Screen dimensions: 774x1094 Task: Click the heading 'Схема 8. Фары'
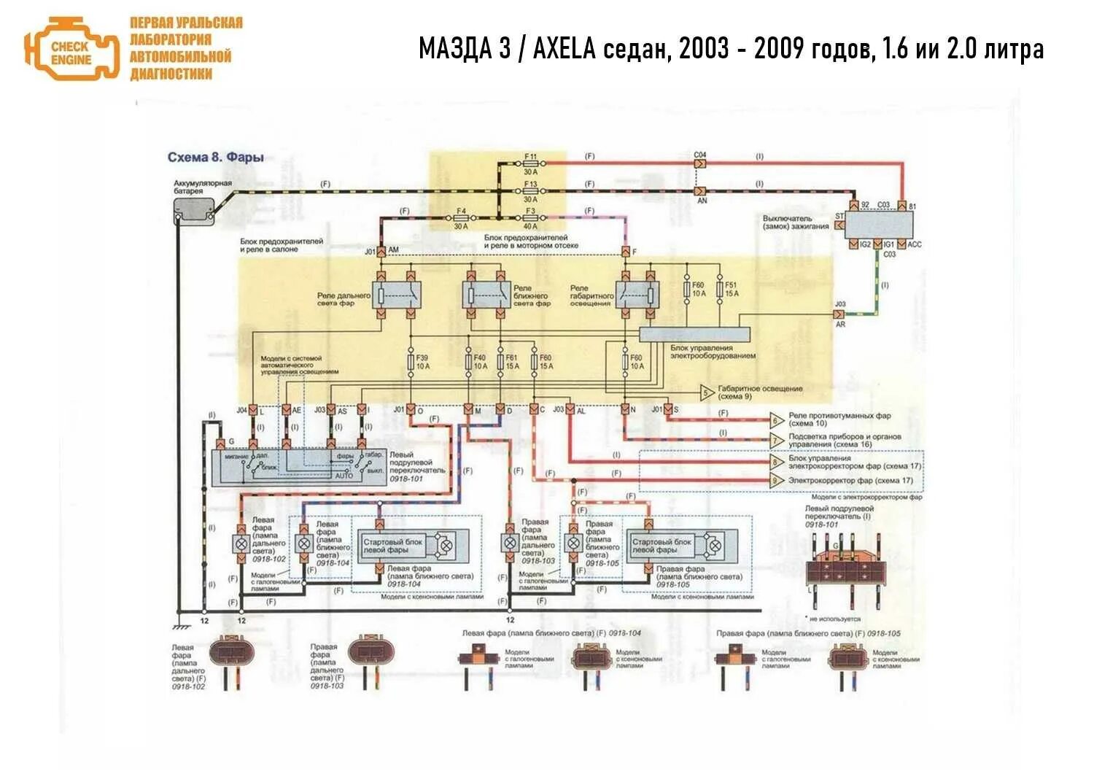[x=216, y=157]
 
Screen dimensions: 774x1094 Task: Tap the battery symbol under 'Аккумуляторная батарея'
[x=194, y=211]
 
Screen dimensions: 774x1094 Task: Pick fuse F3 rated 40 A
[x=530, y=218]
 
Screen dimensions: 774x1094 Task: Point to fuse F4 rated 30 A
[x=460, y=218]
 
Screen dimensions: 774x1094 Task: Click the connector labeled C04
[x=699, y=163]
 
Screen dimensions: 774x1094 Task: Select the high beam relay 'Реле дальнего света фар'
[x=395, y=294]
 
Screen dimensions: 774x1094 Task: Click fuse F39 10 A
[x=411, y=362]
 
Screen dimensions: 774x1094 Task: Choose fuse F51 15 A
[x=720, y=290]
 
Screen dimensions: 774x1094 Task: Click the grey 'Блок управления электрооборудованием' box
[x=694, y=334]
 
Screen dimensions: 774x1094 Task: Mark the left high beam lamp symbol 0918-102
[x=241, y=543]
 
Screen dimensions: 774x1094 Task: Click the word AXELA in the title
[x=565, y=49]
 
